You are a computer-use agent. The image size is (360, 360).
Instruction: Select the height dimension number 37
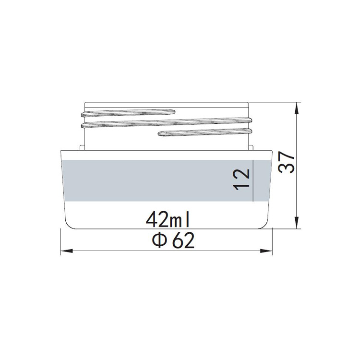[287, 164]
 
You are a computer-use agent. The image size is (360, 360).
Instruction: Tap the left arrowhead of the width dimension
[64, 251]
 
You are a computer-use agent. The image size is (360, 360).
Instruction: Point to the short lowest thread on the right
[204, 132]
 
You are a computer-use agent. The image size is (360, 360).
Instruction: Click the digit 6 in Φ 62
[176, 241]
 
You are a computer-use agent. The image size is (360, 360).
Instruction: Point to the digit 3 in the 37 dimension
[287, 173]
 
